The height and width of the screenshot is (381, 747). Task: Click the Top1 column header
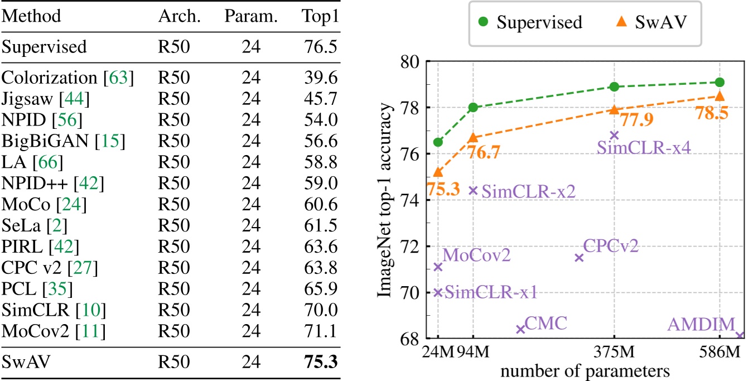(x=320, y=17)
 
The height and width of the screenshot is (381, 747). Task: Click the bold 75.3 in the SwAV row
(x=320, y=362)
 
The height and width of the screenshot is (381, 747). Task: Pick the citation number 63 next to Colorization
(x=122, y=78)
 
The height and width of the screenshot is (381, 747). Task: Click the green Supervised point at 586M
(x=720, y=83)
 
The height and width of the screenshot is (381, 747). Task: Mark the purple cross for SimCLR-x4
(x=614, y=135)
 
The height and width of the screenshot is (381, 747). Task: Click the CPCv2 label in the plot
(x=610, y=245)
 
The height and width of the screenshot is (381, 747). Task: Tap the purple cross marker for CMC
(x=521, y=329)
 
